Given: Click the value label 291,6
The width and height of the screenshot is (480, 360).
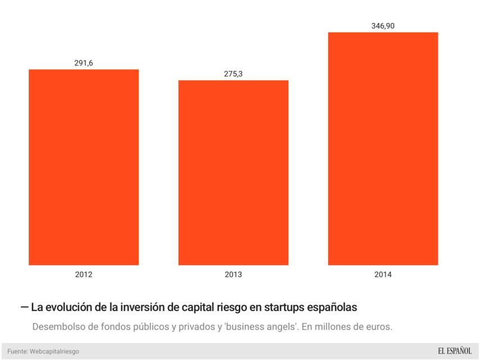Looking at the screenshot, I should click(83, 63).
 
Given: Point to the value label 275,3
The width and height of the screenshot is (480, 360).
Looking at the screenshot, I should click(233, 74).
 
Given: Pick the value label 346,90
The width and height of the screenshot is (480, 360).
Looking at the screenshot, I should click(383, 26).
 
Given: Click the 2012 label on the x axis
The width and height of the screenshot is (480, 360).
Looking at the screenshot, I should click(83, 275).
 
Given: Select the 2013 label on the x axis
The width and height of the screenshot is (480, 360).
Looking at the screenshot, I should click(233, 275).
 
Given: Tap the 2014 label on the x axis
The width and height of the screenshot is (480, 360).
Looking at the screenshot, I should click(383, 275).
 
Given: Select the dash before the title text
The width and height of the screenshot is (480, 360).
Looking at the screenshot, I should click(24, 308).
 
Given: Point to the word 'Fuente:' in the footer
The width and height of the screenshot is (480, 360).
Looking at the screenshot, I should click(17, 352).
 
